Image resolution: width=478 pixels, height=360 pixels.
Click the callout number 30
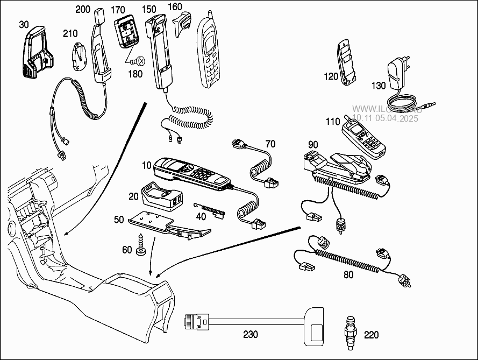tap(24, 24)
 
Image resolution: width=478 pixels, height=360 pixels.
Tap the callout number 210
tap(70, 33)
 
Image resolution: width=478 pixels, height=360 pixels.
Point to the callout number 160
tap(175, 8)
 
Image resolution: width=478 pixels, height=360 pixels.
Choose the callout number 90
tap(313, 144)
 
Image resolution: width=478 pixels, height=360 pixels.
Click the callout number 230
tap(251, 334)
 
